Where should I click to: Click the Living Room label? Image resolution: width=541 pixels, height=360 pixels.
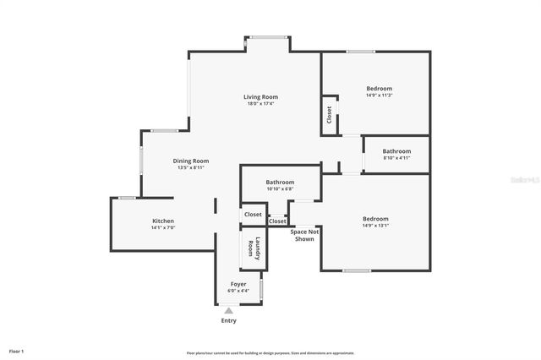(261, 97)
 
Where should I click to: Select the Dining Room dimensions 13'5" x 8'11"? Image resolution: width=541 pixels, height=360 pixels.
(191, 167)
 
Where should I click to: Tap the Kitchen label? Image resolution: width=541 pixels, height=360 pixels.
(162, 221)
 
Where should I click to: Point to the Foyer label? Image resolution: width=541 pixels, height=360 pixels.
(238, 284)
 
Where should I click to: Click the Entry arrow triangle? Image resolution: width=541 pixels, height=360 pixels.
(228, 311)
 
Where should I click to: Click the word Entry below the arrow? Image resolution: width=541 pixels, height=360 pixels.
(229, 320)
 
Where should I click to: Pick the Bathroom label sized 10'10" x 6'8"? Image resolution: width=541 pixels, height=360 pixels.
(280, 182)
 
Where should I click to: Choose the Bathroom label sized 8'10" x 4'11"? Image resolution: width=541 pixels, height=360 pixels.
(396, 151)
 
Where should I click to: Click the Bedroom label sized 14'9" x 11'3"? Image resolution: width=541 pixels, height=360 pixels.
(379, 89)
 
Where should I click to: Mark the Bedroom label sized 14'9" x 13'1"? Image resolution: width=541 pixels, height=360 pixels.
(375, 219)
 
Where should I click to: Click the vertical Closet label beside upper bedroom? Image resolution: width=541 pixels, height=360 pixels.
(329, 114)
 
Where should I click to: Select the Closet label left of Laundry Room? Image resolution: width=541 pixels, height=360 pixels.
(253, 215)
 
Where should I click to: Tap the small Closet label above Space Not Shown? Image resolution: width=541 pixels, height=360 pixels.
(277, 221)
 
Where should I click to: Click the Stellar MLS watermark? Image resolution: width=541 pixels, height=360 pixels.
(523, 180)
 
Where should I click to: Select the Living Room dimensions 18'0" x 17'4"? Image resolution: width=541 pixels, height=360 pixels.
(261, 104)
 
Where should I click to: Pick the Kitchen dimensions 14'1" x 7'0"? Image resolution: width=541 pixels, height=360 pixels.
(162, 227)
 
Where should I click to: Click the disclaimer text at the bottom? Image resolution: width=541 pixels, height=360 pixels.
(270, 352)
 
